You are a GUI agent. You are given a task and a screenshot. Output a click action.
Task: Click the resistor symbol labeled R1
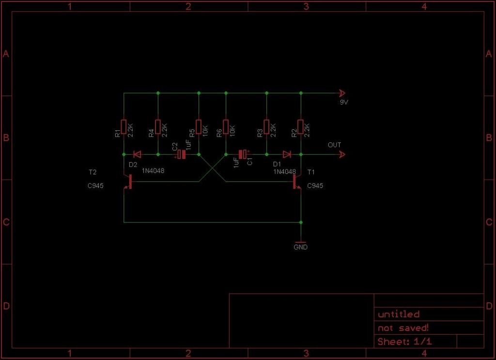(124, 127)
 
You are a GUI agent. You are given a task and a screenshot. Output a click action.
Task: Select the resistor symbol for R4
(158, 127)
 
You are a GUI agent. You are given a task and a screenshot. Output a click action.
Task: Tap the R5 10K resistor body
(199, 127)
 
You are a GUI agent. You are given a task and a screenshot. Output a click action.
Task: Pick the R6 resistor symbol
(226, 127)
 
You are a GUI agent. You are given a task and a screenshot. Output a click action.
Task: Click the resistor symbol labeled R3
(267, 127)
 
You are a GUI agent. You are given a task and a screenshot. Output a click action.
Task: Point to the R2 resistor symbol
(301, 127)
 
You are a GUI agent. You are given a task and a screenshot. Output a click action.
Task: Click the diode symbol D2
(137, 155)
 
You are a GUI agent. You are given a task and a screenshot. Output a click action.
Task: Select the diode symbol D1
(287, 155)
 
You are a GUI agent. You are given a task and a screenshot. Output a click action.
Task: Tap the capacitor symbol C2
(181, 155)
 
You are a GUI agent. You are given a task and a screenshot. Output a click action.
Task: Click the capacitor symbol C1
(244, 155)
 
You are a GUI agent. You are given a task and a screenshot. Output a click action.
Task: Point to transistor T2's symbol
(127, 182)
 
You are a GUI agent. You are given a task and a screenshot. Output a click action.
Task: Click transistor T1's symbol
(297, 182)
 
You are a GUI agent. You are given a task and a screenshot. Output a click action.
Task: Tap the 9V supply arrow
(342, 93)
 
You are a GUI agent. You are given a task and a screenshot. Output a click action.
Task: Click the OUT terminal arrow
(342, 155)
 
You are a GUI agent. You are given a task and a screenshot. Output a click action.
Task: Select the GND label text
(300, 247)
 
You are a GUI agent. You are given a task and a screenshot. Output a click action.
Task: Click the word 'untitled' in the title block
(399, 314)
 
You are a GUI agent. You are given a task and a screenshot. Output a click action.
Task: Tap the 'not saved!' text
(403, 328)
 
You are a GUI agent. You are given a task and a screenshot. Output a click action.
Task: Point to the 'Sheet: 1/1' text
(404, 342)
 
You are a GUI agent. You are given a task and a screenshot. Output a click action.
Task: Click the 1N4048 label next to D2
(153, 171)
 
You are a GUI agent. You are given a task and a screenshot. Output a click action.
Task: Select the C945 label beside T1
(315, 186)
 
